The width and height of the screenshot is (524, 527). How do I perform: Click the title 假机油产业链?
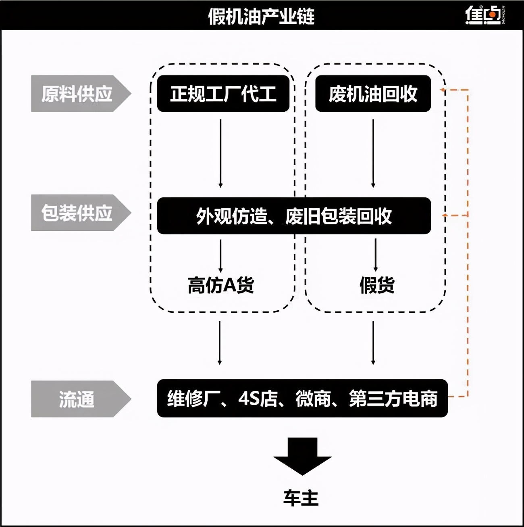point(261,16)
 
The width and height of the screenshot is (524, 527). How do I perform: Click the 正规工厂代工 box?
point(223,94)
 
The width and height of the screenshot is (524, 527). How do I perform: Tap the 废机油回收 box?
point(373,94)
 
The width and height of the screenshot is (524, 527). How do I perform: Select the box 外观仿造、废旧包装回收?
point(294,216)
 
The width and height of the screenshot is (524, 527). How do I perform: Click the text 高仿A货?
point(220,285)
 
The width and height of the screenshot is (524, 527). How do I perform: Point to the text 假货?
point(377,285)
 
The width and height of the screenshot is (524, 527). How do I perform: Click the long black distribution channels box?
point(302,398)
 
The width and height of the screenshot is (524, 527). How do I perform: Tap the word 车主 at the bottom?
point(301,498)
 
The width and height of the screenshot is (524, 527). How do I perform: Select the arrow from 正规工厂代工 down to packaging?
point(220,153)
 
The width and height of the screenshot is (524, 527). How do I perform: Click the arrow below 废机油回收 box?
point(373,153)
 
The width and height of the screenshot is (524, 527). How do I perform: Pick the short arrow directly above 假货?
point(376,255)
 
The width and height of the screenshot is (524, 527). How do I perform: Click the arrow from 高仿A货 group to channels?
point(220,343)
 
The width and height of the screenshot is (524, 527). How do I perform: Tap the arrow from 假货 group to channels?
point(373,343)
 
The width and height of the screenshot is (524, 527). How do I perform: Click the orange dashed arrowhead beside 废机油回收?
point(443,90)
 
